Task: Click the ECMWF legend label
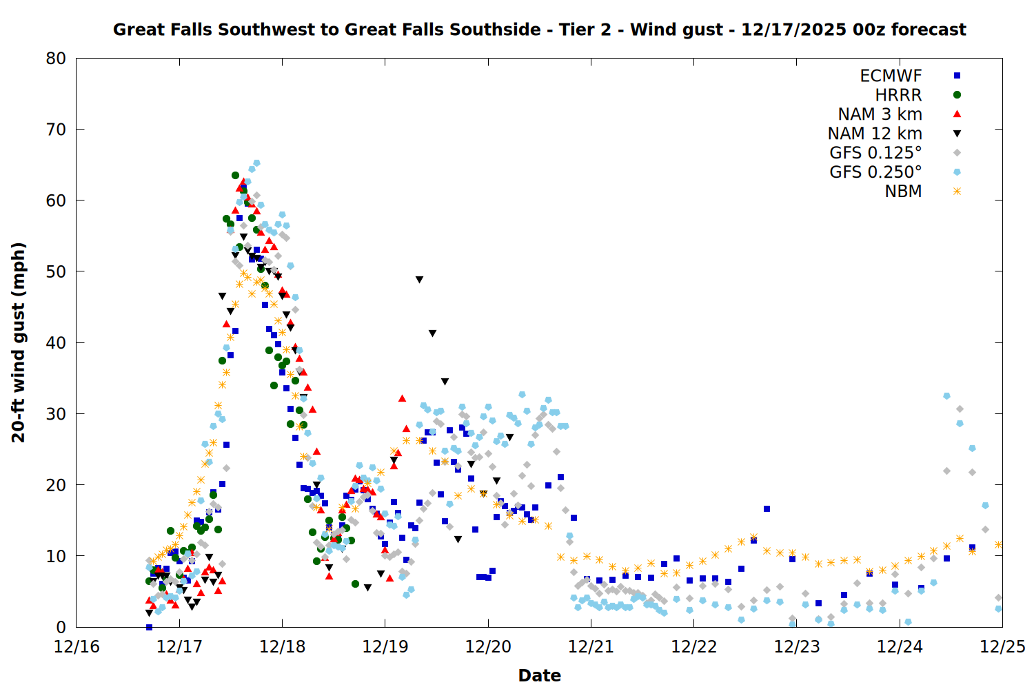(891, 76)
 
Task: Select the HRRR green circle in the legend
(957, 95)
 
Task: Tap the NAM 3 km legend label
(880, 114)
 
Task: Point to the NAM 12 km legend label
(875, 134)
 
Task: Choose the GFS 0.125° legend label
(875, 153)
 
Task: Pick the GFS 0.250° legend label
(875, 172)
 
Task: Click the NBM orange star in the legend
(957, 192)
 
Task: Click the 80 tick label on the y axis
(56, 59)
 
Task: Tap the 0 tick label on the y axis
(61, 627)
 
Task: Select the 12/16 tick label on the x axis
(77, 648)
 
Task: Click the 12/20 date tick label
(488, 648)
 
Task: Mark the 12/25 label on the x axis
(1002, 648)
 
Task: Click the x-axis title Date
(539, 675)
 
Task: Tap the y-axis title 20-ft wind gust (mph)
(19, 342)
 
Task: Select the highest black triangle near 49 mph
(419, 280)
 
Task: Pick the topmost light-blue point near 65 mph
(256, 163)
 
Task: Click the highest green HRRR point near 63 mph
(235, 176)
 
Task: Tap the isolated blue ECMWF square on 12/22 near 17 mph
(767, 509)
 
